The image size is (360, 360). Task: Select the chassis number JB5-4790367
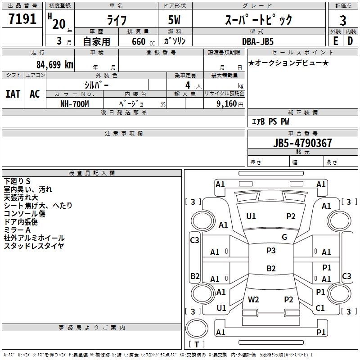[x=303, y=143]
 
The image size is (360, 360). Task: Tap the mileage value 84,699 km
[x=54, y=65]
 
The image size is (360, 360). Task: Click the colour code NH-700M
[x=75, y=103]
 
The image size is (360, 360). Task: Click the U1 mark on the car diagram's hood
[x=251, y=216]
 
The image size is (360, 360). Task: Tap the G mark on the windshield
[x=284, y=237]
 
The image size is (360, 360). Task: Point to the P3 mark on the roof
[x=271, y=251]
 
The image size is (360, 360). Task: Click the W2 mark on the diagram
[x=253, y=299]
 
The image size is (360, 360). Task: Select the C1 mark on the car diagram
[x=320, y=308]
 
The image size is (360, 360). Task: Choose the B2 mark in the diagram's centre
[x=271, y=269]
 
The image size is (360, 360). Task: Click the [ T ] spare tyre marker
[x=197, y=344]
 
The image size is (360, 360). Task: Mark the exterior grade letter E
[x=335, y=40]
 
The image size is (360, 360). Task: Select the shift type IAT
[x=13, y=94]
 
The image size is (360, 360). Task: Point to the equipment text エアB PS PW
[x=270, y=121]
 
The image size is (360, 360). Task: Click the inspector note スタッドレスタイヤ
[x=34, y=246]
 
